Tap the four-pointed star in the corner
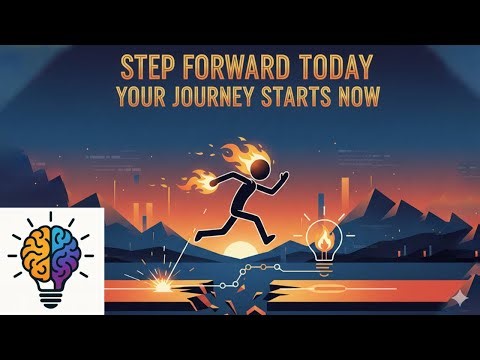[x=457, y=299]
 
